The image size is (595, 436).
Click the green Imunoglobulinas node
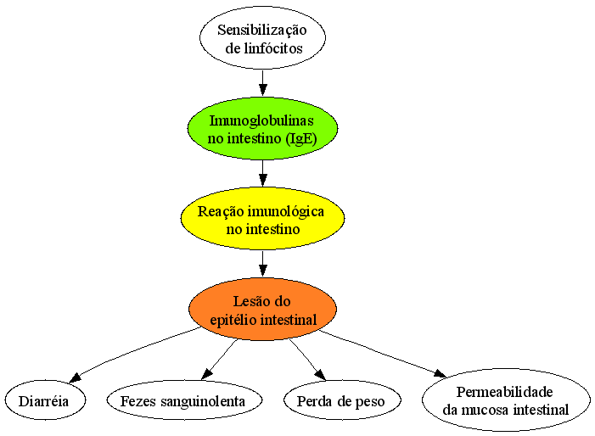click(262, 128)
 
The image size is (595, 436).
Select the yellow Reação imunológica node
click(262, 218)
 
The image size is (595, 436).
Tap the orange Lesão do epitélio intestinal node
click(262, 309)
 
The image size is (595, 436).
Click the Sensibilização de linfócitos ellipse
click(262, 38)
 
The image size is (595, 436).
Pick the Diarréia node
click(45, 400)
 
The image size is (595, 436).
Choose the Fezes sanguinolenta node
click(184, 400)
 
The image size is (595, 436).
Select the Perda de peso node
click(342, 400)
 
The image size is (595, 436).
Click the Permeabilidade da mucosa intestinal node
click(506, 400)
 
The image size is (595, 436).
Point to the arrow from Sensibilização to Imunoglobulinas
click(262, 82)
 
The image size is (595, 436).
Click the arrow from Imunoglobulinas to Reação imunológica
click(262, 173)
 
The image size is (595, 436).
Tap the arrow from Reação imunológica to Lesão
click(262, 264)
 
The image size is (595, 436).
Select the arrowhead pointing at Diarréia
click(76, 377)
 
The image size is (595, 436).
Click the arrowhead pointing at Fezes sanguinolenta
click(206, 374)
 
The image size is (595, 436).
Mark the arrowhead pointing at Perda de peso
click(320, 374)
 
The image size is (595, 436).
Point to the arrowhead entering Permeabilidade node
click(441, 373)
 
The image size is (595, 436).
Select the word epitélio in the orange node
click(233, 320)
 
